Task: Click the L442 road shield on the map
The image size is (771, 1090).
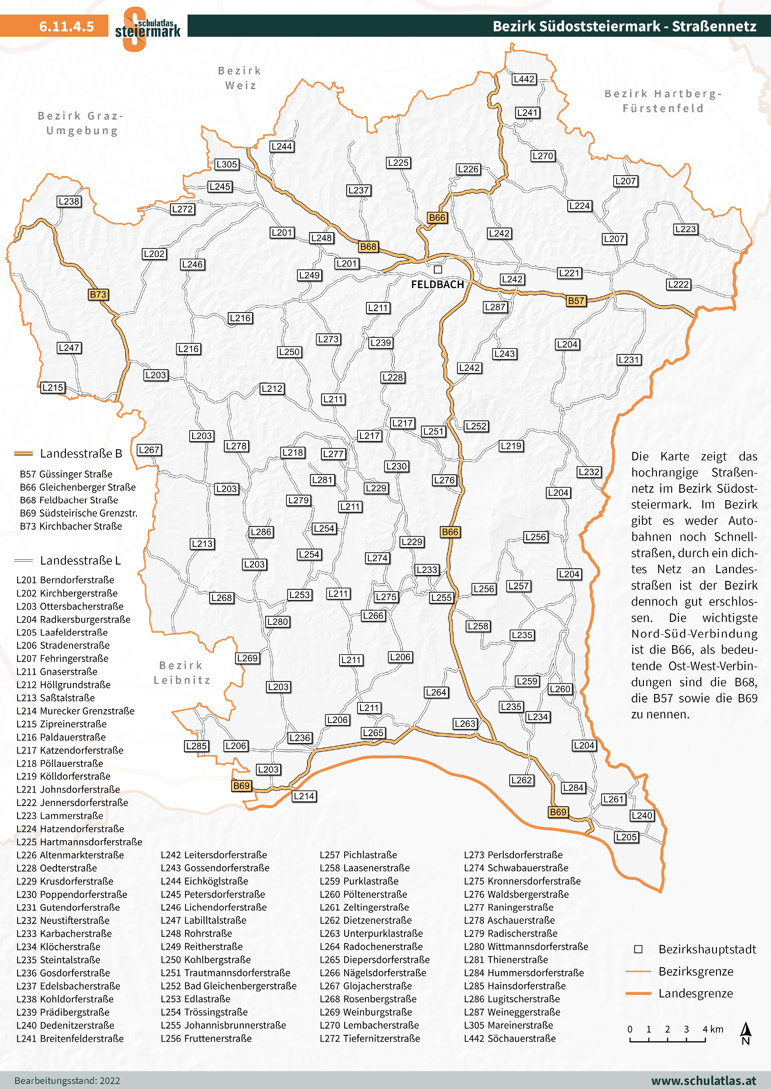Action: [524, 79]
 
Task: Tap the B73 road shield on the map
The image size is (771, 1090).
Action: [98, 294]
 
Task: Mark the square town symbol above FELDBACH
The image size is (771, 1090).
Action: [438, 269]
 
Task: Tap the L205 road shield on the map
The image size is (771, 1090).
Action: [626, 837]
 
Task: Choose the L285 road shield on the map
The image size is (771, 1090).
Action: [196, 746]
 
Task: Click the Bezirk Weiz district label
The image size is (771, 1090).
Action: [240, 78]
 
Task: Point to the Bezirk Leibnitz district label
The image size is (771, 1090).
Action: [182, 673]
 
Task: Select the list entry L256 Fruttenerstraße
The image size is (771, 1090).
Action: [206, 1038]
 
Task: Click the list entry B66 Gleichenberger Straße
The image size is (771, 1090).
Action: [78, 487]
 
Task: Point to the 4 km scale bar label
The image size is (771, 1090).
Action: [713, 1029]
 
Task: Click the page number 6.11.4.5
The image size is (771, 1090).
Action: [67, 26]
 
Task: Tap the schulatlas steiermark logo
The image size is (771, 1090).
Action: [147, 29]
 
